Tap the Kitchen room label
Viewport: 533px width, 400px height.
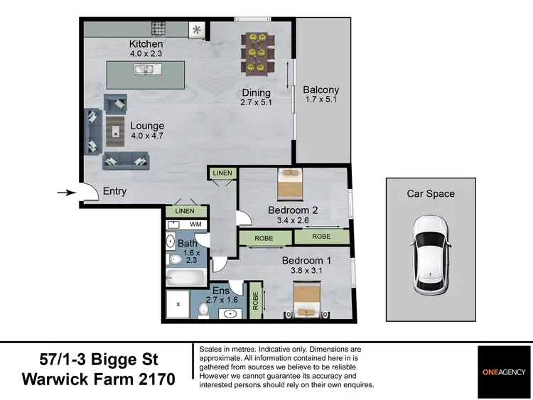tap(146, 44)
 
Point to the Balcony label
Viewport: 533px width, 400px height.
tap(321, 90)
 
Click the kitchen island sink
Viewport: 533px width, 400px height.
tap(146, 70)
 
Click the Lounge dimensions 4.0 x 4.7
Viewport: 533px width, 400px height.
tap(147, 136)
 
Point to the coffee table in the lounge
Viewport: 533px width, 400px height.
tap(115, 130)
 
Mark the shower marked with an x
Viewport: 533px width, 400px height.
tap(178, 306)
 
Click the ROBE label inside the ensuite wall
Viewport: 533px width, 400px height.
tap(257, 301)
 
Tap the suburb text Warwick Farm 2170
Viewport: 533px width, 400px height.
tap(98, 379)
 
